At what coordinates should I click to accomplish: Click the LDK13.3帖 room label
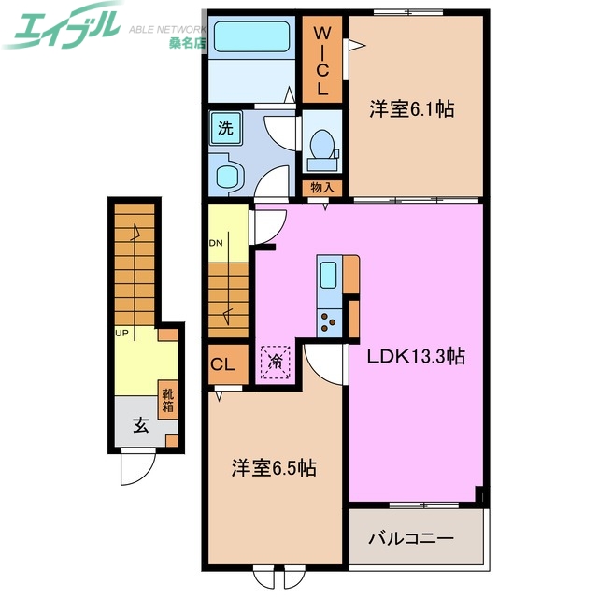click(x=416, y=355)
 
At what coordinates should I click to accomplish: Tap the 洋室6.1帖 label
click(x=411, y=110)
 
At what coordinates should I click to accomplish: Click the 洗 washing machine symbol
click(x=225, y=126)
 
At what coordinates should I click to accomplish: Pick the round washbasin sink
click(x=226, y=175)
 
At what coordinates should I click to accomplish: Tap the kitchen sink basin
click(x=329, y=276)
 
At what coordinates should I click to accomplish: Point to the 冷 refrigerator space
click(x=277, y=360)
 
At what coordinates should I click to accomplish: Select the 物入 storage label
click(x=322, y=188)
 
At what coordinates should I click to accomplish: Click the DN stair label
click(x=216, y=243)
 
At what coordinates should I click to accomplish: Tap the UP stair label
click(x=121, y=332)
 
